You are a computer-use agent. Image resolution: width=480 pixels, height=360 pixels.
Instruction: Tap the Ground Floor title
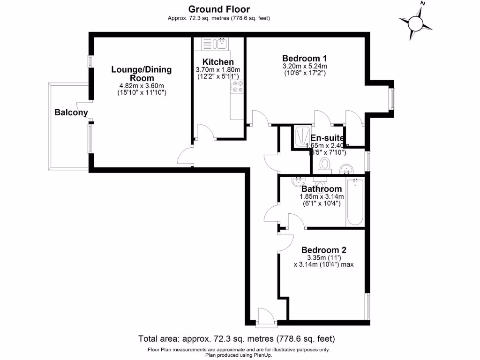pos(219,9)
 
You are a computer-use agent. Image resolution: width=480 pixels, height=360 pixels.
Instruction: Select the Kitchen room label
pos(218,62)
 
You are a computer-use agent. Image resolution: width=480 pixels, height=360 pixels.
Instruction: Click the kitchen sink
pos(221,44)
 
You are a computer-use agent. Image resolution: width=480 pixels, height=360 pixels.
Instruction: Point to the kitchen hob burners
pos(237,86)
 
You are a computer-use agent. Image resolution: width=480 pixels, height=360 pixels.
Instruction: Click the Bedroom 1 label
pos(304,58)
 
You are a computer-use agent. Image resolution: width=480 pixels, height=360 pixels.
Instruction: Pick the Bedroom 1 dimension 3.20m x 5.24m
pos(304,66)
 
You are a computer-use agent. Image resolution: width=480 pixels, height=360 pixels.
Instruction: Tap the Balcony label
pos(71,112)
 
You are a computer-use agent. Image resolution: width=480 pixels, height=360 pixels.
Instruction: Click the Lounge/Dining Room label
pos(142,74)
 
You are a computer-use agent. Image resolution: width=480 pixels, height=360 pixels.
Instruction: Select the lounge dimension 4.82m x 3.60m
pos(142,85)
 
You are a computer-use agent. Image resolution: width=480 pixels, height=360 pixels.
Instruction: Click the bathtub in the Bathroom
pos(354,202)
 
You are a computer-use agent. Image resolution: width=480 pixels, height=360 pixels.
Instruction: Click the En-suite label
pos(327,138)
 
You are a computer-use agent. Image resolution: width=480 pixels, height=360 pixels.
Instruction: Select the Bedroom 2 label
pos(324,250)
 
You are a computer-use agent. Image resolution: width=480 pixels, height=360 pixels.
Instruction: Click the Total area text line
pos(237,338)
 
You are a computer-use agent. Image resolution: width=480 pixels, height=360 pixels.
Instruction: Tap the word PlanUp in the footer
pos(263,355)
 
